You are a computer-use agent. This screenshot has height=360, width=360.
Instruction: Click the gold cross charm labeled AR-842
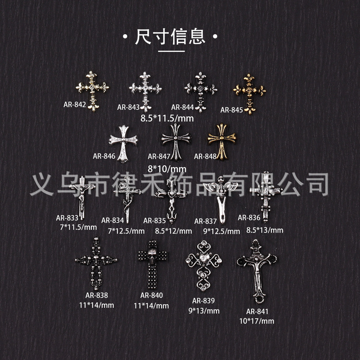point(92,90)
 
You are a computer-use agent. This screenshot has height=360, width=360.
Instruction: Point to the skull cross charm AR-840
point(154,265)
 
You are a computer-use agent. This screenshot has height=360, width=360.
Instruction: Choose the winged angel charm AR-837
point(219,198)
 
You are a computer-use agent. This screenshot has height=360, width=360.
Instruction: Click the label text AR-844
point(183,107)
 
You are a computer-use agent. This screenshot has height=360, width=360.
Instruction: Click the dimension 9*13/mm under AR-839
point(203,310)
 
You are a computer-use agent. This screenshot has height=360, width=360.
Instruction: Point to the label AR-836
point(249,218)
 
